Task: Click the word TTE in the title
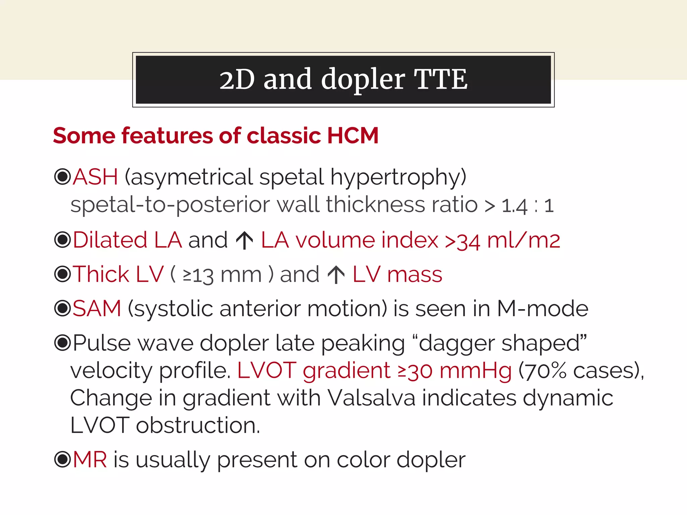click(x=440, y=79)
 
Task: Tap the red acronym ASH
click(x=96, y=177)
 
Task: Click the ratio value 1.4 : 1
click(x=527, y=206)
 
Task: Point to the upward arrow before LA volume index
click(x=245, y=240)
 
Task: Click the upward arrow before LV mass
click(x=336, y=275)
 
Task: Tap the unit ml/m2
click(x=524, y=240)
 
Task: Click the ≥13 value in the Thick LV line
click(x=198, y=275)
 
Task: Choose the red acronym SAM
click(x=97, y=308)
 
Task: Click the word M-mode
click(x=542, y=308)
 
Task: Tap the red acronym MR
click(x=90, y=459)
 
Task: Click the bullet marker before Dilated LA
click(x=62, y=240)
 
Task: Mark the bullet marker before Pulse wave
click(x=62, y=342)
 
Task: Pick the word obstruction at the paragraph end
click(x=198, y=425)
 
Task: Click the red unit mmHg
click(x=476, y=371)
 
